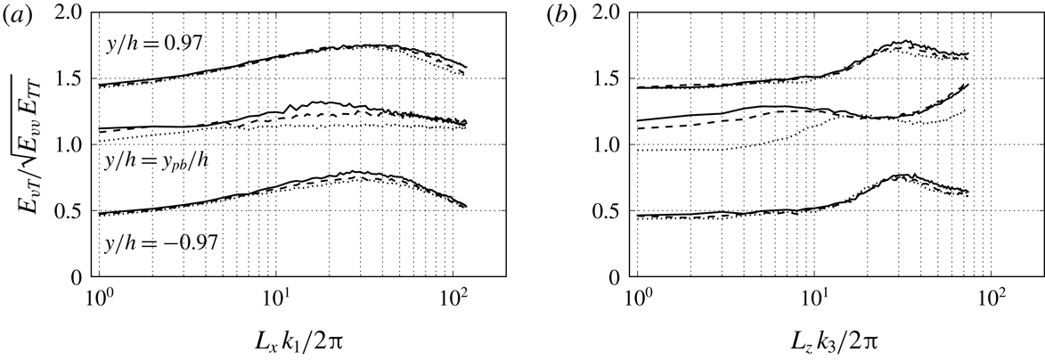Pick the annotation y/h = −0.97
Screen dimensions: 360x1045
pos(152,243)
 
